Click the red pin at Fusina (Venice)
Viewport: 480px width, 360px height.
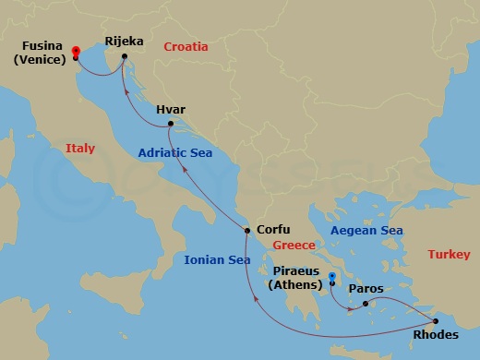75,52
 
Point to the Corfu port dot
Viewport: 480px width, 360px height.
247,230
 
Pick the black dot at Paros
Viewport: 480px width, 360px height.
366,304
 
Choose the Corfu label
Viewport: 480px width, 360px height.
274,230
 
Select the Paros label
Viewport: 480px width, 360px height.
366,288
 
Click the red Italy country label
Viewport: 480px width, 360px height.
80,148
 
